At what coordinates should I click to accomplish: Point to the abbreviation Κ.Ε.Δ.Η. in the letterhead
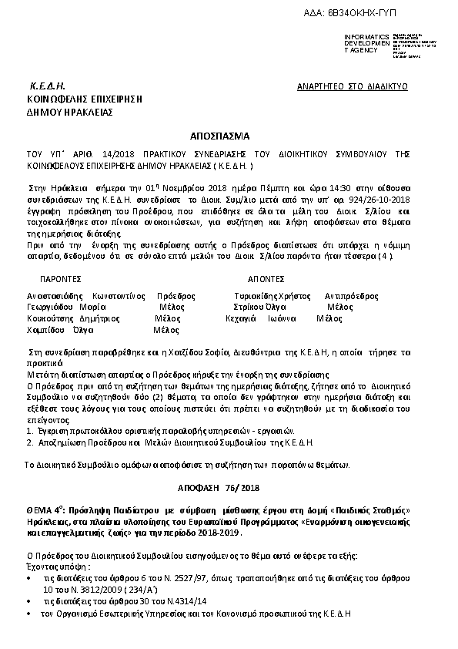point(47,86)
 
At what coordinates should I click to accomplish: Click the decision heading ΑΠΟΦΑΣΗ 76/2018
point(229,489)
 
